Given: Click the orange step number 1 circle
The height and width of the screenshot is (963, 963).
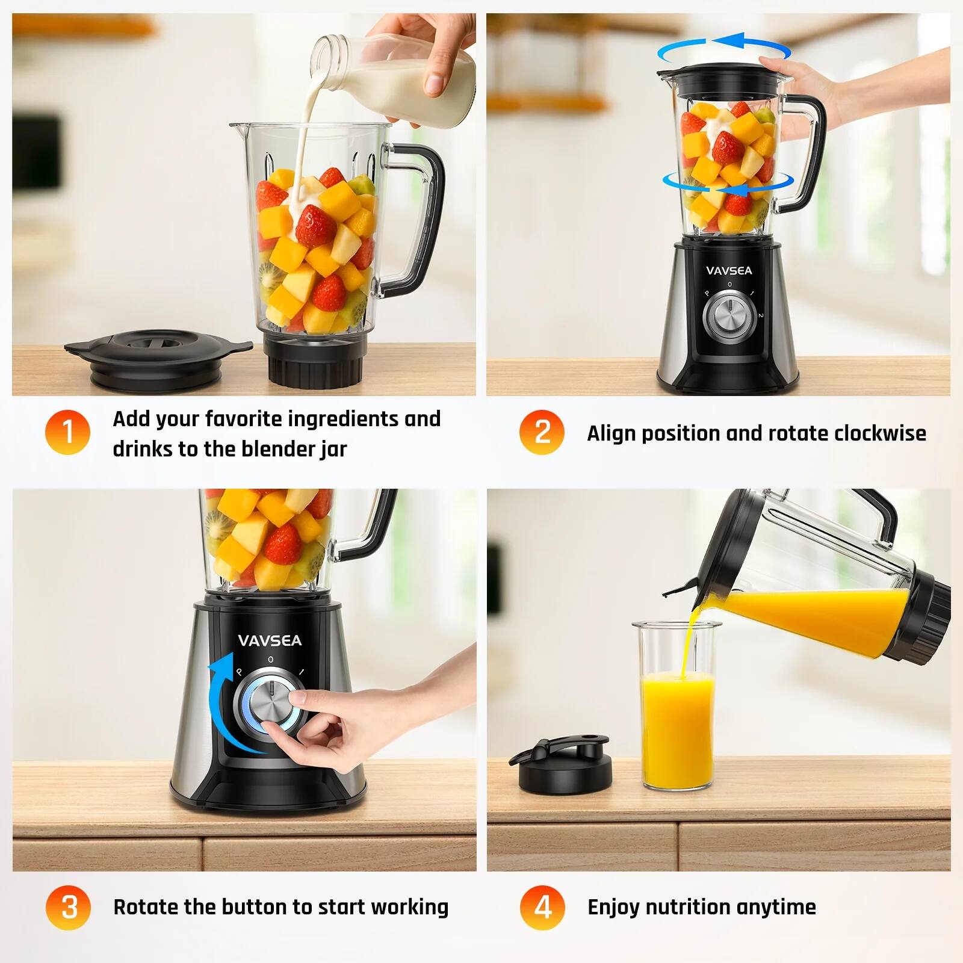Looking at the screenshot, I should pos(67,432).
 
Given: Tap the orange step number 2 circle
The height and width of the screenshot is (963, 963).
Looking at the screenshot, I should pos(542,432).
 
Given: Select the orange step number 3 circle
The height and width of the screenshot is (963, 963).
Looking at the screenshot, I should pos(68,907).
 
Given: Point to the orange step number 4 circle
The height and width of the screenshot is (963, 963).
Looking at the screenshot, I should pos(542,907).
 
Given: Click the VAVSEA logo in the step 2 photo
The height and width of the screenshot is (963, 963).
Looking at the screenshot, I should pos(729,271).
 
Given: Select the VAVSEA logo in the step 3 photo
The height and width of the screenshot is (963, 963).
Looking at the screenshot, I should pos(270,640).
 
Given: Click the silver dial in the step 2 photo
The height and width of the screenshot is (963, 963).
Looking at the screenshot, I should pos(729,314).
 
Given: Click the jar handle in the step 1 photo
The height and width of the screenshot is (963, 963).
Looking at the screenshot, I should pos(421,217).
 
